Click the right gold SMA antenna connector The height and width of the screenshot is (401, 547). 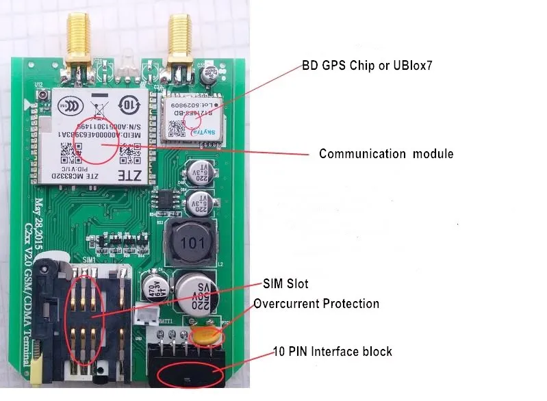(181, 38)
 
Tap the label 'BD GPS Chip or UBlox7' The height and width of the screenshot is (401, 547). (367, 66)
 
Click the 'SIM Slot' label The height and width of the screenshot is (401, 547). (286, 283)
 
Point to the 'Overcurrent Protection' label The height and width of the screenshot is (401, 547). (316, 303)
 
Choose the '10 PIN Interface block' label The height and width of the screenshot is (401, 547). (332, 351)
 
